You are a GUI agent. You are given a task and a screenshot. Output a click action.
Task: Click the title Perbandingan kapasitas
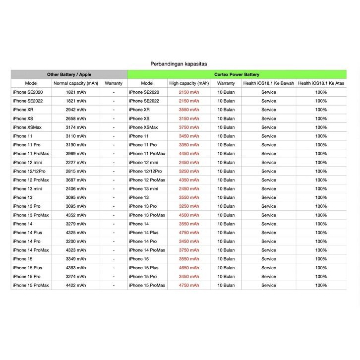click(179, 64)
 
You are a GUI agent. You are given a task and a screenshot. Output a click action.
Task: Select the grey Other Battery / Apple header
click(69, 74)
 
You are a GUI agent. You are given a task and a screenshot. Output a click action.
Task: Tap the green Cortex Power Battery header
click(237, 74)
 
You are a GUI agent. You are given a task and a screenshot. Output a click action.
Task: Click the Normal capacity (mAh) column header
click(76, 83)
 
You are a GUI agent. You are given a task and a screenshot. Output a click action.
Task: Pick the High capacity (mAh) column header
click(189, 83)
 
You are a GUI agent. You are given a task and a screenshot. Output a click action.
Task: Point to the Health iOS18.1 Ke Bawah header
click(268, 83)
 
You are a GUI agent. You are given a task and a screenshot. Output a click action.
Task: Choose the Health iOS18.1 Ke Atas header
click(321, 83)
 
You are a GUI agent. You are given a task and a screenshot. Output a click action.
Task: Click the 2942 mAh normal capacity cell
click(76, 110)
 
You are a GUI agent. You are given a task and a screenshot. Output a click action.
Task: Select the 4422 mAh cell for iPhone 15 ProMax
click(76, 285)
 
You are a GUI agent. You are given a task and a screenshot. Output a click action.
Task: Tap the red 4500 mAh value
click(189, 215)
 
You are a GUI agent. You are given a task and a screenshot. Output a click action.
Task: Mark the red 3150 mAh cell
click(189, 119)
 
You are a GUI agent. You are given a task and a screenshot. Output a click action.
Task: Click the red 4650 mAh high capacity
click(189, 268)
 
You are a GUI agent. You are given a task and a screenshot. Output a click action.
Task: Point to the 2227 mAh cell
click(76, 163)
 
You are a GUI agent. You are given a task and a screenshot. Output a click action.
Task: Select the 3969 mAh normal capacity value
click(76, 154)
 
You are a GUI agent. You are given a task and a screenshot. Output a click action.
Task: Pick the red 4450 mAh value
click(189, 154)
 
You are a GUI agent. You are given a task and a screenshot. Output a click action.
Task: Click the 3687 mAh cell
click(76, 180)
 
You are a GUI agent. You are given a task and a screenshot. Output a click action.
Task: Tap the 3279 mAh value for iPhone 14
click(76, 224)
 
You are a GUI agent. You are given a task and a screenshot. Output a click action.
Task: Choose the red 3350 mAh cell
click(189, 145)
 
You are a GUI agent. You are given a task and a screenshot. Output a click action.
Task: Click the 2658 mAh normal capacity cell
click(76, 119)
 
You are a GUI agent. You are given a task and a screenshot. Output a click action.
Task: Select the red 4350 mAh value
click(189, 180)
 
